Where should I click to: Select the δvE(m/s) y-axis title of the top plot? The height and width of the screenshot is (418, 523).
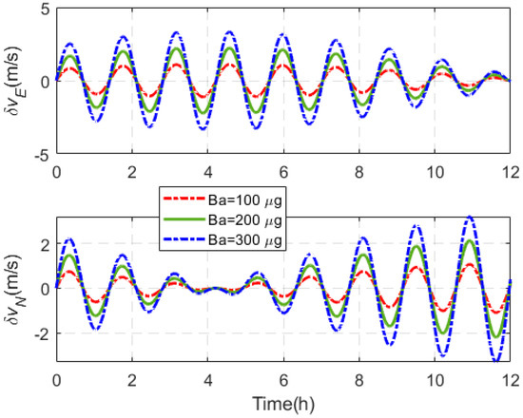(16, 80)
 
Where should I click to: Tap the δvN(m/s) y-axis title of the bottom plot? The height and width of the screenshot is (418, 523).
(16, 288)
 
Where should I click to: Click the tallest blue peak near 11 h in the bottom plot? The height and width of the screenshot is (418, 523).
(469, 218)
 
